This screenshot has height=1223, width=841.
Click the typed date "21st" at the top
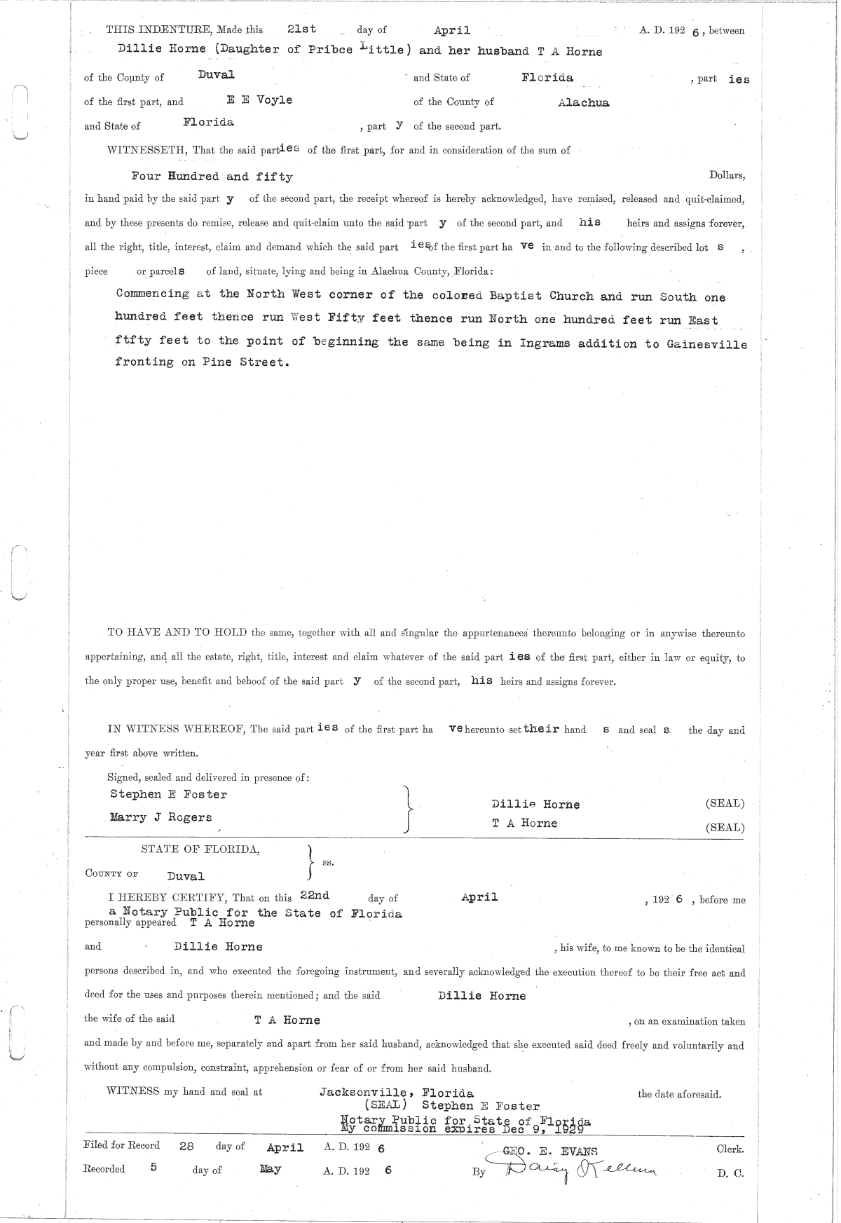301,29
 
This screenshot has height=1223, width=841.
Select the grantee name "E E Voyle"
264,100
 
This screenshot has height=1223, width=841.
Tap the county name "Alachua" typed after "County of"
583,103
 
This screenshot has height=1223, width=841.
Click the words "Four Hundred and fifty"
212,177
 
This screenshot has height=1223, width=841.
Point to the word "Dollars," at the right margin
727,175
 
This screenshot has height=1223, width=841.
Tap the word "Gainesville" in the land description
706,344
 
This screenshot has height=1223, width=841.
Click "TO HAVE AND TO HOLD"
177,632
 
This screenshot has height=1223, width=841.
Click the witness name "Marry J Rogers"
160,817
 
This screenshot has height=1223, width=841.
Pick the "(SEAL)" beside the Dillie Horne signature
725,803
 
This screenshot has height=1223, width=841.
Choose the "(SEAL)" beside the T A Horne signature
725,827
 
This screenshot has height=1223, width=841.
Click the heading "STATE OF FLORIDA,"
200,849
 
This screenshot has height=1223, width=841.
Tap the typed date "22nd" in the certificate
315,895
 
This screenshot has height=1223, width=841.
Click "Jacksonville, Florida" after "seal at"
396,1093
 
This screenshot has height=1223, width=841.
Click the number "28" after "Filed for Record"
186,1146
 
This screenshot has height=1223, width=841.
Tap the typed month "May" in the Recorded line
270,1169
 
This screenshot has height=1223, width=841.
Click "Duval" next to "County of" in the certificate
186,876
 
